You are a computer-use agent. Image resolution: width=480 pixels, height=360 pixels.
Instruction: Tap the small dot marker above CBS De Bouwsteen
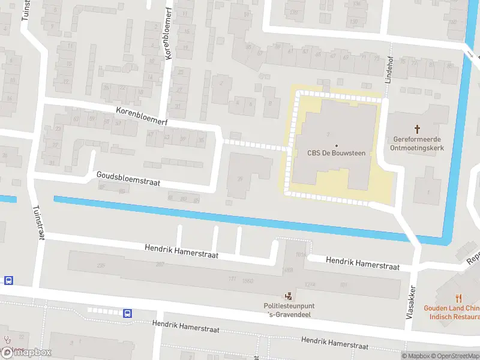336,145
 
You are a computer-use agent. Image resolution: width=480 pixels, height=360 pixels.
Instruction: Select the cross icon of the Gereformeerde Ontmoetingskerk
418,129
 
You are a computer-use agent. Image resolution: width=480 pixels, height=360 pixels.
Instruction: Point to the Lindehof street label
388,73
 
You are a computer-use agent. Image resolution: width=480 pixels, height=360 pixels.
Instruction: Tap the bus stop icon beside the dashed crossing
127,313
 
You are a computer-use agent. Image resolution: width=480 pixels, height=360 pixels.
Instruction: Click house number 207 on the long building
160,265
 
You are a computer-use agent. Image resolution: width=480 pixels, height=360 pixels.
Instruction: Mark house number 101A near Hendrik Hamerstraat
300,254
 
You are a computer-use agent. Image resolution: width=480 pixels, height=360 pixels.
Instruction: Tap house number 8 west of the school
269,103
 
